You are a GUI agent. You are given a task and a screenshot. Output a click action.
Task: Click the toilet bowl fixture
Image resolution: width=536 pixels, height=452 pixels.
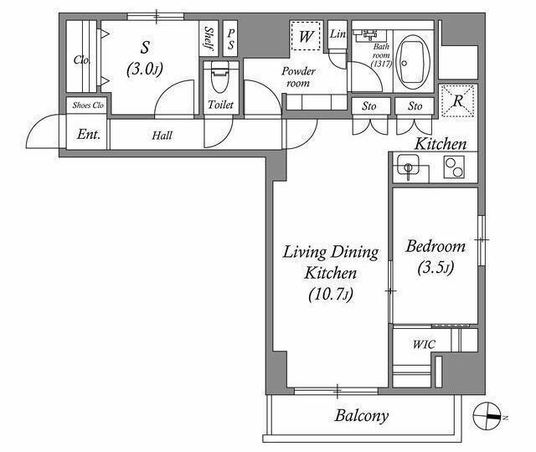click(x=219, y=77)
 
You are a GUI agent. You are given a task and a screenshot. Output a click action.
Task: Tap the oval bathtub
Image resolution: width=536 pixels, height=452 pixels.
click(x=413, y=63)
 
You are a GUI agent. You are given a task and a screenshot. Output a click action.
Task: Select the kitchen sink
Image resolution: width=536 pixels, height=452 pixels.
click(x=408, y=166)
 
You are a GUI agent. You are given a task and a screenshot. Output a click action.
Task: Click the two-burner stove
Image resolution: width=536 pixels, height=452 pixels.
click(x=454, y=167)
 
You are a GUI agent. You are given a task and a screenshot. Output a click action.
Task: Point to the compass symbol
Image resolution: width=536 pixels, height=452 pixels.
click(x=487, y=416)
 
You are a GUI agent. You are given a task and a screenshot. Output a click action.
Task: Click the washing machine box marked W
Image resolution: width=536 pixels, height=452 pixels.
click(x=306, y=35)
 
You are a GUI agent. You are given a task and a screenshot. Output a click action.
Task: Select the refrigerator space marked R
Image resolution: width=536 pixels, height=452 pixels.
click(x=458, y=100)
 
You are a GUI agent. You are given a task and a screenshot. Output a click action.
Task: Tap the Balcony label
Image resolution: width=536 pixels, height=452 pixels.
click(x=362, y=416)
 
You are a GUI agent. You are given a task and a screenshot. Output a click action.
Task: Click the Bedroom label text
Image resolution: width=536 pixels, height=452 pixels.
click(x=435, y=246)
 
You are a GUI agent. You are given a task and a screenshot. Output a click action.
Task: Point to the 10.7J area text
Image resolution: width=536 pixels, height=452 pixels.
click(x=330, y=294)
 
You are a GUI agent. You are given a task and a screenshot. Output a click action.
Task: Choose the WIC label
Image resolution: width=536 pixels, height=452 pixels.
click(x=424, y=344)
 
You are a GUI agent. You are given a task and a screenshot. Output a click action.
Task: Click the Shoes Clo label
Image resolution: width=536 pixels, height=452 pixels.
click(x=88, y=105)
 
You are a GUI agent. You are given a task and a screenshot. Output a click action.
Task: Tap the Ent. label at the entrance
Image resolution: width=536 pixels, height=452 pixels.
click(x=89, y=134)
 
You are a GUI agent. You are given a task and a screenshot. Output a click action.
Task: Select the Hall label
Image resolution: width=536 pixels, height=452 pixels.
click(x=162, y=136)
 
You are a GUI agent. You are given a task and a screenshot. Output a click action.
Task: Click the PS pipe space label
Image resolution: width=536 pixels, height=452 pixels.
click(x=231, y=39)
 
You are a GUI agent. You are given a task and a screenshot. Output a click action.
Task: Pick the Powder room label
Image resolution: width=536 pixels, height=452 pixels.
click(x=298, y=77)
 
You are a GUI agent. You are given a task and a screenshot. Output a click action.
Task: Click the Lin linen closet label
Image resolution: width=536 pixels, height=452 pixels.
click(x=338, y=33)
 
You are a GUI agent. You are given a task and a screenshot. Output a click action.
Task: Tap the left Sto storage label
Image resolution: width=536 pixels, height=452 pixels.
click(x=369, y=106)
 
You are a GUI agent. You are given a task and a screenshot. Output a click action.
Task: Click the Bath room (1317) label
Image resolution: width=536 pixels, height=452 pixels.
click(x=381, y=55)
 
